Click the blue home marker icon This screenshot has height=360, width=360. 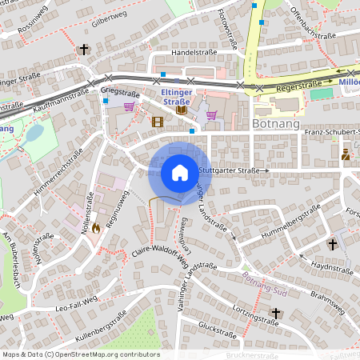[x=180, y=173]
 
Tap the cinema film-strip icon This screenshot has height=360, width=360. [x=158, y=122]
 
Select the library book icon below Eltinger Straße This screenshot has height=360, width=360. [x=182, y=110]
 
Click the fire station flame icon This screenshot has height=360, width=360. [x=97, y=227]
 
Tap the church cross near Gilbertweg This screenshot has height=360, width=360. [x=84, y=50]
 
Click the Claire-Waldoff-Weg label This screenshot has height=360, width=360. [x=160, y=254]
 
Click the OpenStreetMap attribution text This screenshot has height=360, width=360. [x=80, y=354]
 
